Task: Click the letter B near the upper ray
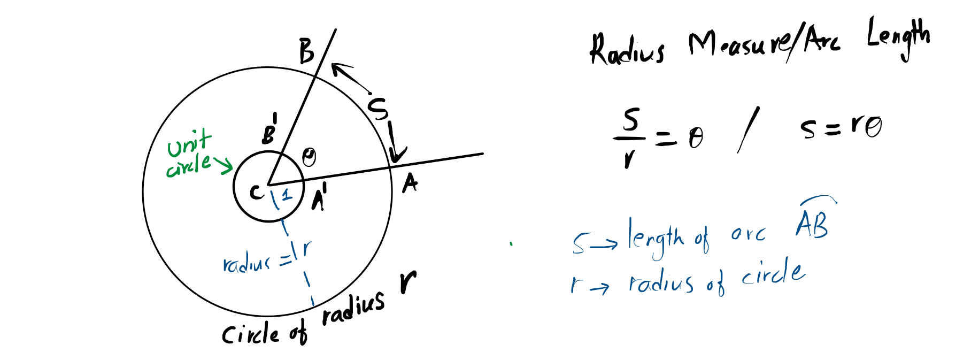click(306, 51)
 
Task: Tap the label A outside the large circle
click(410, 183)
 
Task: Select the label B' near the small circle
click(269, 132)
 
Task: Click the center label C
click(257, 192)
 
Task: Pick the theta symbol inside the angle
click(309, 157)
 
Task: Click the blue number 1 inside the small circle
click(287, 195)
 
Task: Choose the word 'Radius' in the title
click(627, 50)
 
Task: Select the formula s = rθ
click(841, 127)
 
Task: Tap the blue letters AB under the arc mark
click(812, 224)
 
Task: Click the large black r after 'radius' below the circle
click(408, 282)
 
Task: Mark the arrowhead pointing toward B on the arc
click(337, 68)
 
